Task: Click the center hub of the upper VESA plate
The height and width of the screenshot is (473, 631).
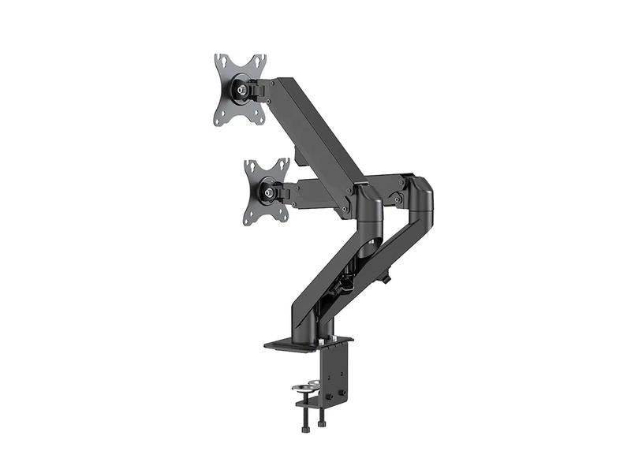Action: pos(239,90)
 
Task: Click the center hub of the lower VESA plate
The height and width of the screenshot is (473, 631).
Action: pos(270,190)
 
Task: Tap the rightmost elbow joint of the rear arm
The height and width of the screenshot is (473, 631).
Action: pos(422,197)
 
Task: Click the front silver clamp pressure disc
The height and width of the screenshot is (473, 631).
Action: pos(303,388)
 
